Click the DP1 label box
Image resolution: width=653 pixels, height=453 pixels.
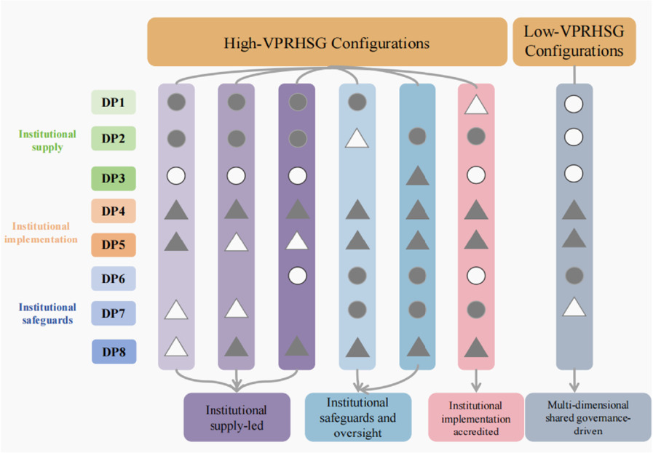[113, 103]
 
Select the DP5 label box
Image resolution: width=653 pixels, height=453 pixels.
[113, 244]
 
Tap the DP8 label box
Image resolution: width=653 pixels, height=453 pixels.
[113, 352]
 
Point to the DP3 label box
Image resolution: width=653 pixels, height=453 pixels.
[113, 177]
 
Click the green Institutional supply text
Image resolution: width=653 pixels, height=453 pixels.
[47, 140]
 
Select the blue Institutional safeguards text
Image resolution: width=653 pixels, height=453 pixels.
[47, 313]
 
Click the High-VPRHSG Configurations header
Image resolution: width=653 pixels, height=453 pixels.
[326, 43]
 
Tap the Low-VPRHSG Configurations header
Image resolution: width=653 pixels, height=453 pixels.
[574, 41]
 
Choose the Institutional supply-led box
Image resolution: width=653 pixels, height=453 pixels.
[237, 417]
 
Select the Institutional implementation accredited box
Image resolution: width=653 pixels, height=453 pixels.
[476, 417]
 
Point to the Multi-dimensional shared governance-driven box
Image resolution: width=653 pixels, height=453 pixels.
[587, 417]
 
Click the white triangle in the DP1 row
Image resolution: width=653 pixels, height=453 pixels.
[475, 104]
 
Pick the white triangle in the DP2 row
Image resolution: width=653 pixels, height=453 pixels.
[356, 137]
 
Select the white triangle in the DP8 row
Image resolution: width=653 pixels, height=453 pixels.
[176, 348]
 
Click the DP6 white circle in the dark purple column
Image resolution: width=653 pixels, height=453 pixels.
[296, 276]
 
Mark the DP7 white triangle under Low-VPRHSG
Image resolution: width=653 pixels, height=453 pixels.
[574, 309]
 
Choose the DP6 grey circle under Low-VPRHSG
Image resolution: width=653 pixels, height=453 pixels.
[574, 276]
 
